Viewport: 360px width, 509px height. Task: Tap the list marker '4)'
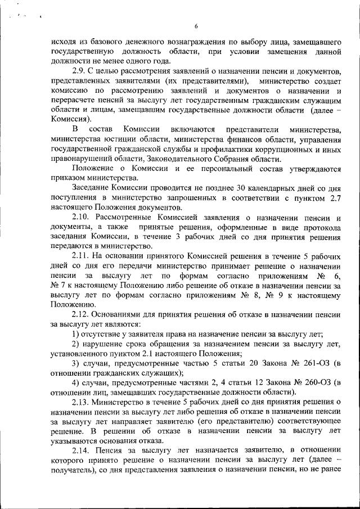point(76,382)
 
